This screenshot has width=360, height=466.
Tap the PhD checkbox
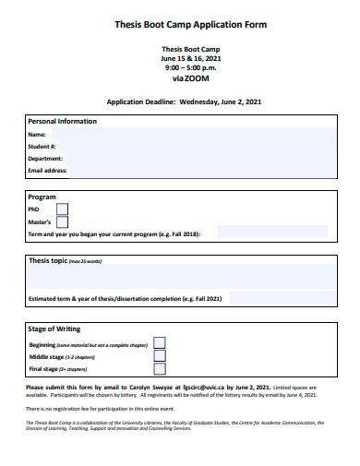[x=62, y=209]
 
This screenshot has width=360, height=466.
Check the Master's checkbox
[x=62, y=221]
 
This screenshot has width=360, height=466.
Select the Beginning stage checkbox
[x=160, y=343]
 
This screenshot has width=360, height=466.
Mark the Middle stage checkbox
[x=160, y=355]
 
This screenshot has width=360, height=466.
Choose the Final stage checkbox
[x=160, y=368]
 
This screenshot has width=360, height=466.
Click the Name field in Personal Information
[x=194, y=135]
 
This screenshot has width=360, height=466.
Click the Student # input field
[x=194, y=146]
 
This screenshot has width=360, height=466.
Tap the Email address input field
[x=203, y=170]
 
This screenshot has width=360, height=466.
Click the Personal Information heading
[x=62, y=122]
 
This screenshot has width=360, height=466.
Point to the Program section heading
[x=42, y=197]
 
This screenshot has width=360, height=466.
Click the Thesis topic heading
[x=48, y=261]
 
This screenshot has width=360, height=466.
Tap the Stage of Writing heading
[x=54, y=329]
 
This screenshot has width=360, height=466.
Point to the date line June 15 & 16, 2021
[x=191, y=58]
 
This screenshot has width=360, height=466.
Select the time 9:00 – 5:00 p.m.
[x=191, y=67]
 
